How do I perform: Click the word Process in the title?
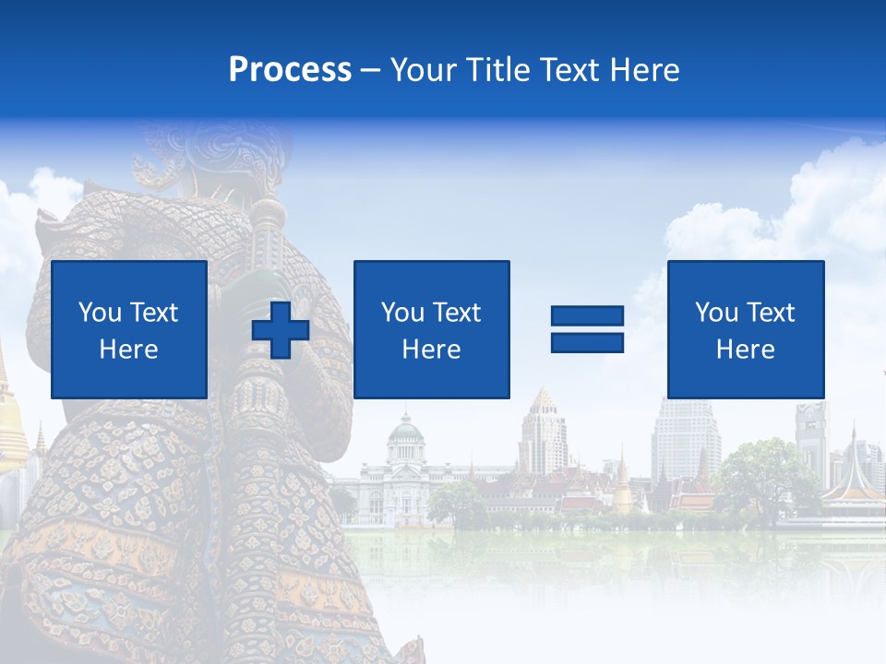tap(290, 70)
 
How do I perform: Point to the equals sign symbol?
tap(587, 329)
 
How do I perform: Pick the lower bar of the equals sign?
tap(587, 342)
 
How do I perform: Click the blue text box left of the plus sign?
tap(129, 329)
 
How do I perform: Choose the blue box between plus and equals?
tap(431, 329)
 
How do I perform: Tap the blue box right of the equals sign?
tap(745, 329)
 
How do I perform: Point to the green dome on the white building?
tap(404, 429)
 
